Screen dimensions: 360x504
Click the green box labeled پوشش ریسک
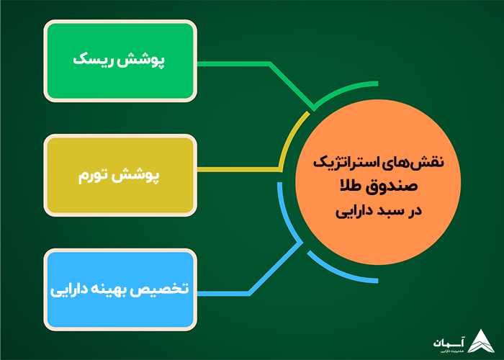tap(120, 60)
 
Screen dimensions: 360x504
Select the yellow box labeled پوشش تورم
tap(120, 175)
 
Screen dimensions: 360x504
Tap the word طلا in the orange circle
tap(358, 187)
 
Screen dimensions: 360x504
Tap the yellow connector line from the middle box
tap(238, 170)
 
